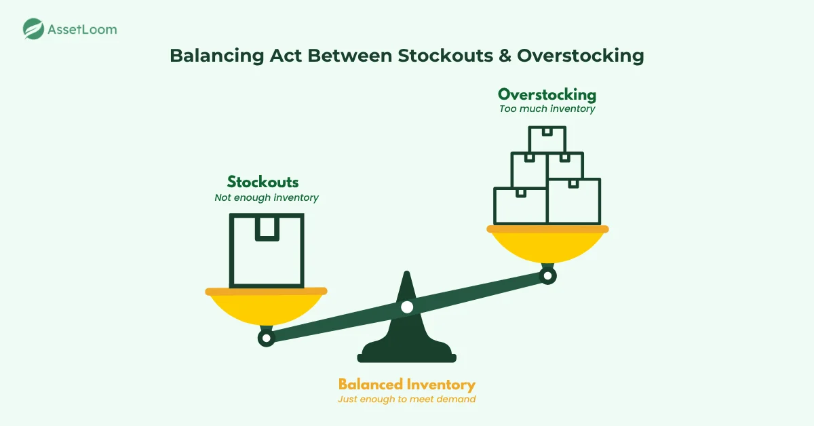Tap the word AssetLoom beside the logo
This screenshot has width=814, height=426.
[82, 29]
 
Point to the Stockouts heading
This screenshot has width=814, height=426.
[263, 182]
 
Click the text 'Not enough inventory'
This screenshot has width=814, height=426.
[267, 197]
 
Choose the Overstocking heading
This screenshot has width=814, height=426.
[547, 94]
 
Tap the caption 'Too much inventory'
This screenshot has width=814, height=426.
[547, 109]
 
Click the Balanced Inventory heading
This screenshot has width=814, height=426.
[407, 384]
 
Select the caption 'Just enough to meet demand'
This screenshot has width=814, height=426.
[407, 399]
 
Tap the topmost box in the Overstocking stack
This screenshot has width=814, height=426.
[547, 140]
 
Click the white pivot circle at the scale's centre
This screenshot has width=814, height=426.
[406, 307]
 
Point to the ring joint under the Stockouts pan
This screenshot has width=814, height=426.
[267, 337]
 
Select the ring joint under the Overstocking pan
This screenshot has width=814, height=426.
[547, 275]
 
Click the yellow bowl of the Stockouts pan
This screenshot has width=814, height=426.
[266, 309]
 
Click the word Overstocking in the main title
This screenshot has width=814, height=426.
[580, 56]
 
